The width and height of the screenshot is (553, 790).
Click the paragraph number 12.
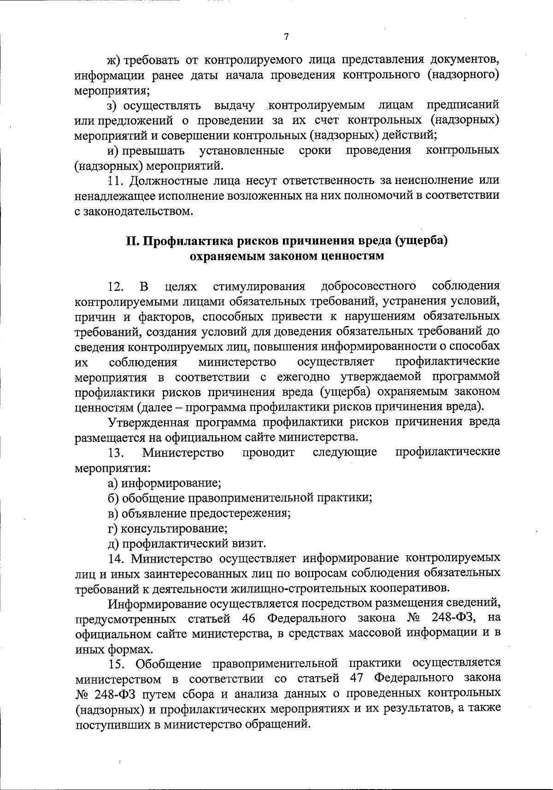(x=115, y=286)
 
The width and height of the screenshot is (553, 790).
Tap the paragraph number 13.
(x=115, y=452)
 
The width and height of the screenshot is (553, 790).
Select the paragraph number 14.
(x=115, y=558)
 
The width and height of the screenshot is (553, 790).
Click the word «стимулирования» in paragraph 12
(x=259, y=286)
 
